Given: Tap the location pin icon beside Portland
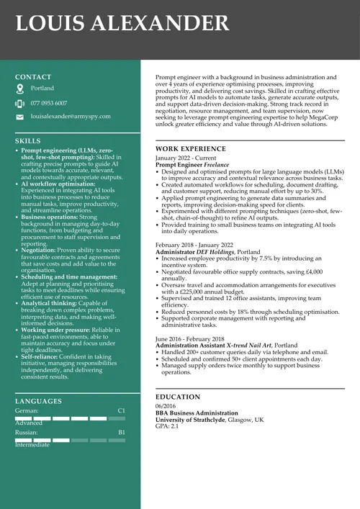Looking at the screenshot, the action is pyautogui.click(x=19, y=89).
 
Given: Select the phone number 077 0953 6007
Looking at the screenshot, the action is pyautogui.click(x=49, y=103).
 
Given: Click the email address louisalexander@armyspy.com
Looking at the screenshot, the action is pyautogui.click(x=71, y=116).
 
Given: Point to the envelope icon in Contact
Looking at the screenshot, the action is pyautogui.click(x=19, y=117).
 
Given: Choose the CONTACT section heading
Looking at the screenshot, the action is pyautogui.click(x=33, y=76).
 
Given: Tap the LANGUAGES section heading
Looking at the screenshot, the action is pyautogui.click(x=38, y=401).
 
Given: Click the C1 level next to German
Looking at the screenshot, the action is pyautogui.click(x=121, y=410).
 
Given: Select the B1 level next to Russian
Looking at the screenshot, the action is pyautogui.click(x=121, y=432).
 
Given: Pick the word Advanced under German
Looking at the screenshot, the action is pyautogui.click(x=30, y=423).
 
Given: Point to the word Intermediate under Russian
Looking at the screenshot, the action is pyautogui.click(x=32, y=445).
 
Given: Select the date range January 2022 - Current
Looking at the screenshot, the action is pyautogui.click(x=185, y=158).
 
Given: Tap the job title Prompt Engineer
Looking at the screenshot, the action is pyautogui.click(x=179, y=165).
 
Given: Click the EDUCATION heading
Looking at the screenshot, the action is pyautogui.click(x=178, y=397).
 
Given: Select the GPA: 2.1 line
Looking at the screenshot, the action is pyautogui.click(x=167, y=426).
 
